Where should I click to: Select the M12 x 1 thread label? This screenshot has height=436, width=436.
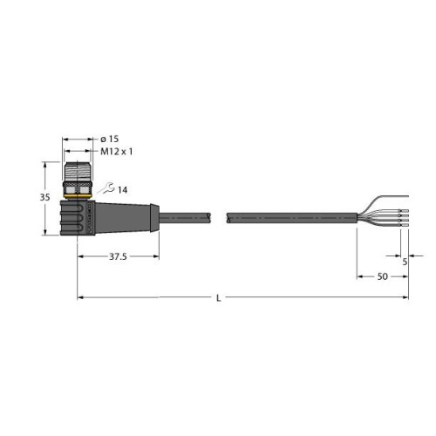pyautogui.click(x=118, y=152)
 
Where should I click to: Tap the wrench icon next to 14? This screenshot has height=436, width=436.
pyautogui.click(x=107, y=187)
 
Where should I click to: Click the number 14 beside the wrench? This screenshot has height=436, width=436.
pyautogui.click(x=122, y=188)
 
